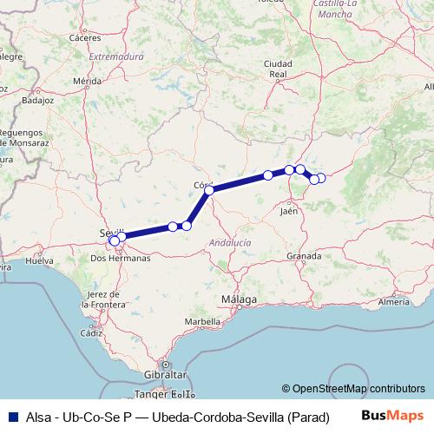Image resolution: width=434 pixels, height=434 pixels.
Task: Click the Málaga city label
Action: (239, 300)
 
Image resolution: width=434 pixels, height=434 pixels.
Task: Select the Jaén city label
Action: (291, 210)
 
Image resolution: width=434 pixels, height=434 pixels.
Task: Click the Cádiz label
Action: (91, 332)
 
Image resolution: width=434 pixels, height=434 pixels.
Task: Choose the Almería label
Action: (394, 301)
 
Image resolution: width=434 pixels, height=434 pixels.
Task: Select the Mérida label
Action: (88, 81)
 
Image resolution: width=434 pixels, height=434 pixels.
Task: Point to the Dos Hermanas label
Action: (121, 258)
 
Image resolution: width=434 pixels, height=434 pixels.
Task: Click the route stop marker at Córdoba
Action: (209, 189)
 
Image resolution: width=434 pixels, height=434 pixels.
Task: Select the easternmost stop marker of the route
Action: (321, 178)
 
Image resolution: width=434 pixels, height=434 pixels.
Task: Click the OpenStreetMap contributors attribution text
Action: (358, 389)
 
